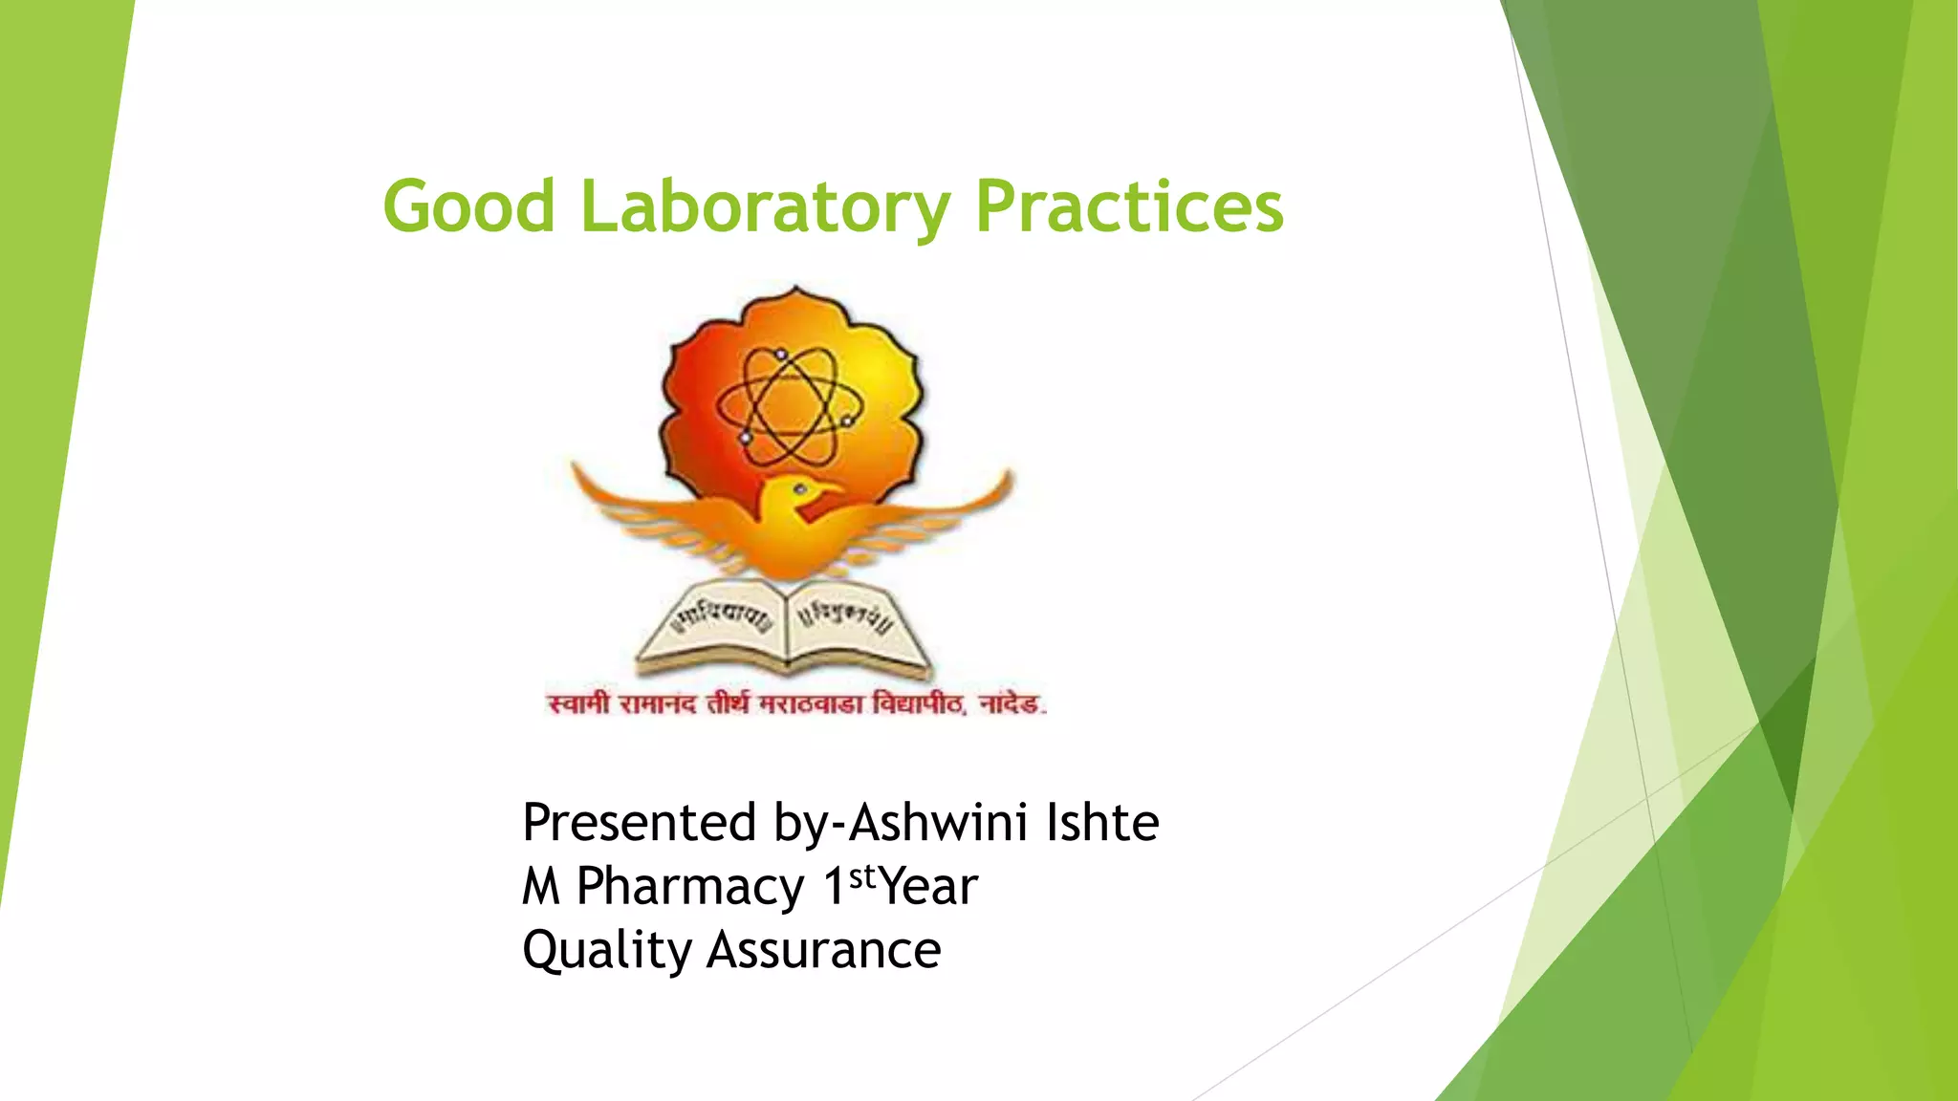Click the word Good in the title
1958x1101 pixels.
click(x=468, y=206)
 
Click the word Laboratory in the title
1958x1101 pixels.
click(x=766, y=206)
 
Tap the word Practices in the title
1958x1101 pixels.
click(x=1129, y=206)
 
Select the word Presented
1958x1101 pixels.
click(x=640, y=823)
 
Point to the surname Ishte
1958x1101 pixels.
click(x=1102, y=823)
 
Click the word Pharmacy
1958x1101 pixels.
click(x=690, y=887)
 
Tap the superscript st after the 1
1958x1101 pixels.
click(x=862, y=875)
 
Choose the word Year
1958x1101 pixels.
click(x=928, y=887)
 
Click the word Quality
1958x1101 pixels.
click(x=606, y=951)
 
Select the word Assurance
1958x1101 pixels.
click(x=824, y=951)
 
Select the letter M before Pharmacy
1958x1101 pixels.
click(x=540, y=887)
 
